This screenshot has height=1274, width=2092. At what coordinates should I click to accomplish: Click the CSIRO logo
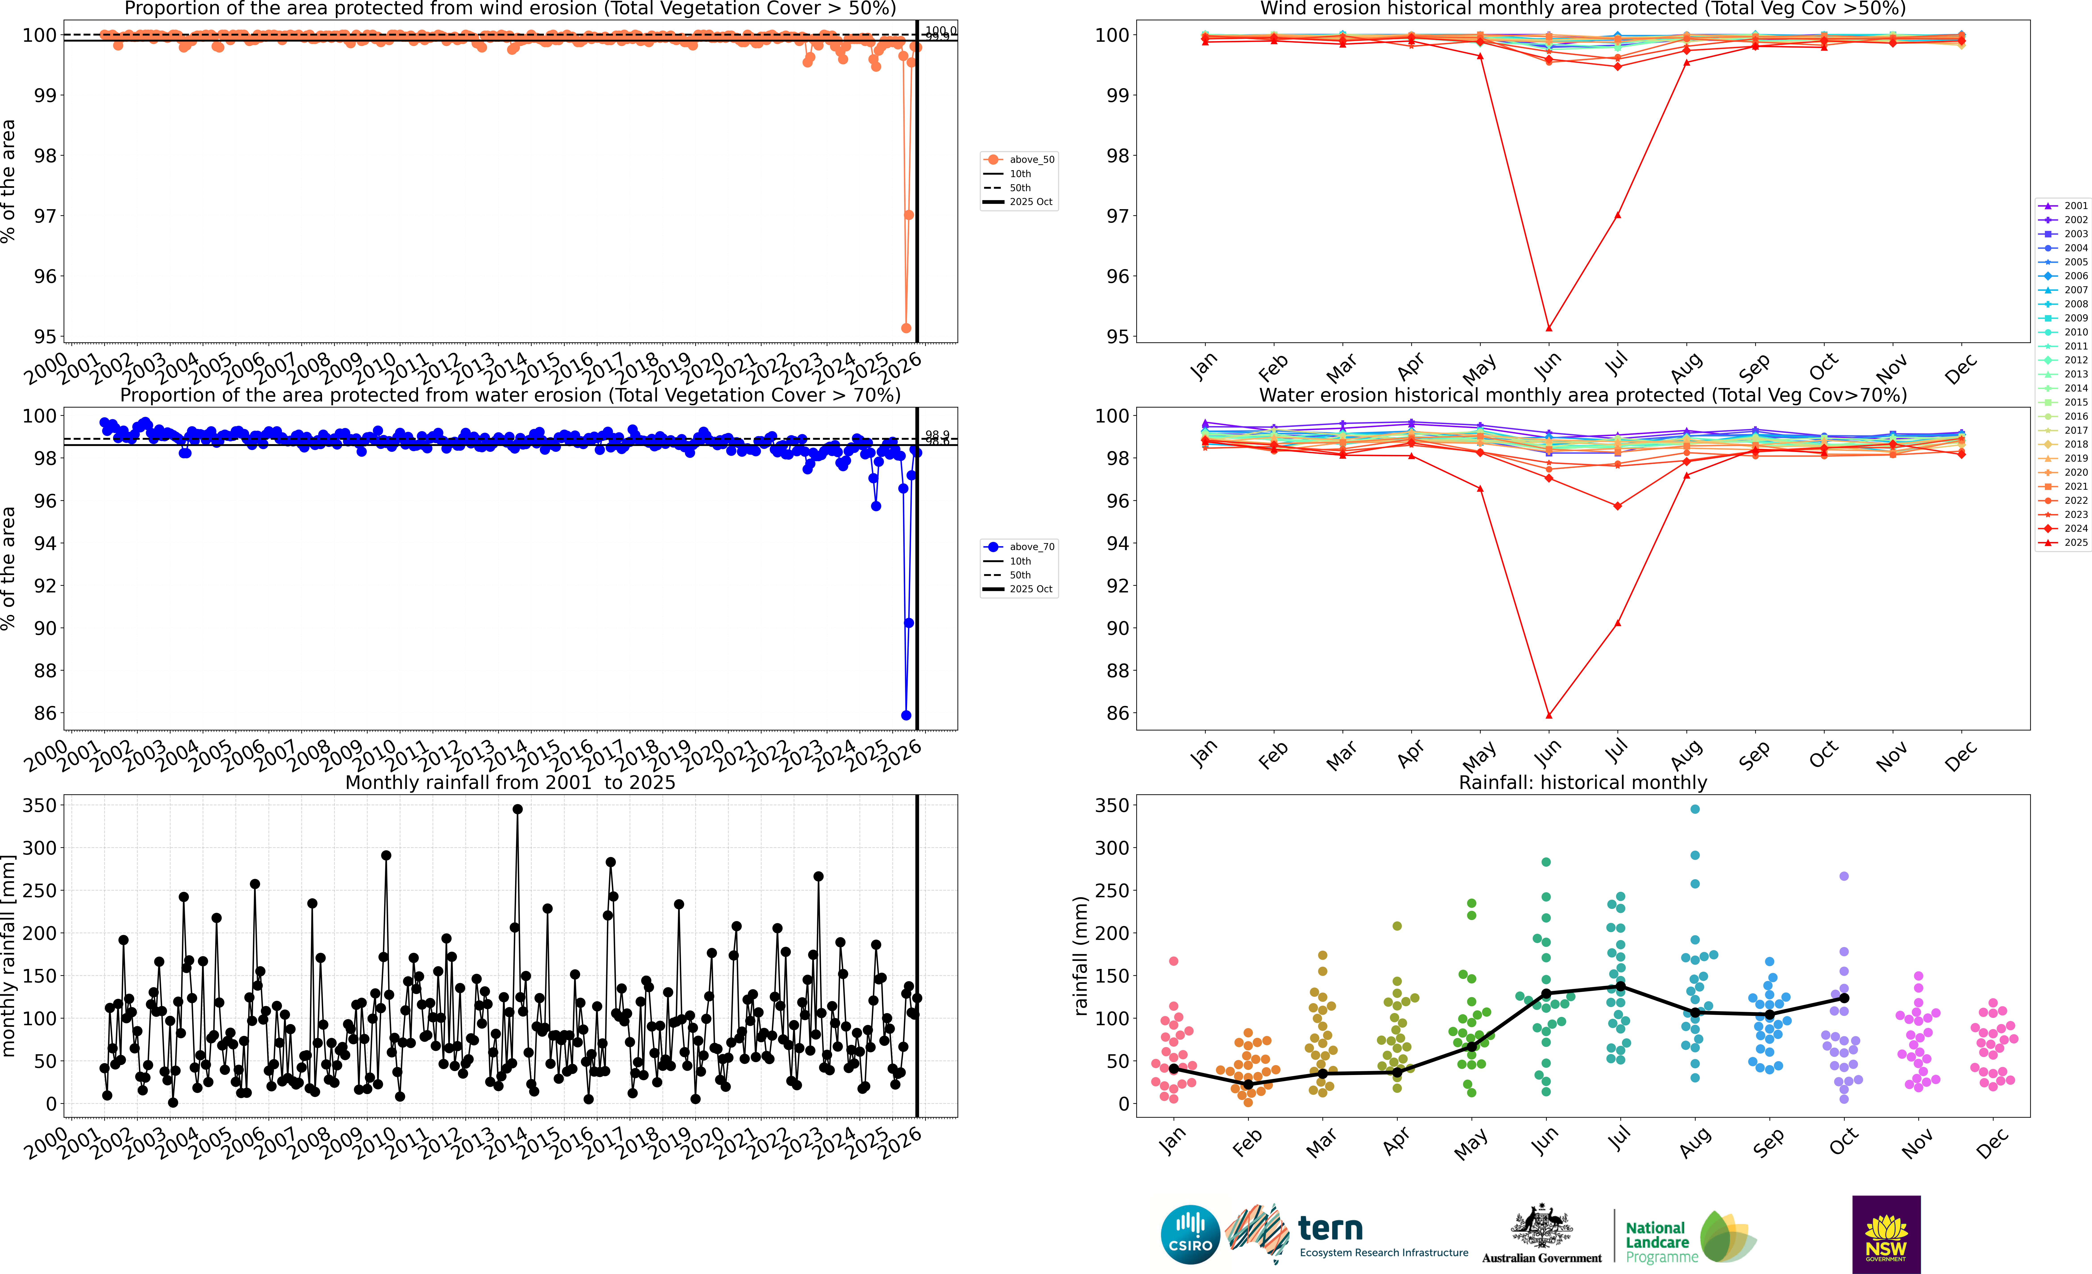click(x=1189, y=1234)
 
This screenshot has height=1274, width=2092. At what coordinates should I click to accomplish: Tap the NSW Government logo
click(x=1886, y=1234)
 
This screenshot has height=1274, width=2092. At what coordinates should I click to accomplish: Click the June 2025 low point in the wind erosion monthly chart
click(x=1549, y=328)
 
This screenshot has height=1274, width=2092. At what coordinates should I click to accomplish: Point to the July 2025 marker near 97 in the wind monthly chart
click(x=1617, y=215)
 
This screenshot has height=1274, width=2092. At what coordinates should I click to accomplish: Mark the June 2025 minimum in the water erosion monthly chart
click(x=1549, y=715)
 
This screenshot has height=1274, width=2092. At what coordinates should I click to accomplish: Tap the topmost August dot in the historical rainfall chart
click(x=1695, y=810)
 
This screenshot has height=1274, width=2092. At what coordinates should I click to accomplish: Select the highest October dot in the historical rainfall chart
click(x=1843, y=876)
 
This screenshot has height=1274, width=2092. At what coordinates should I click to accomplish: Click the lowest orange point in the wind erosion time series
click(x=906, y=328)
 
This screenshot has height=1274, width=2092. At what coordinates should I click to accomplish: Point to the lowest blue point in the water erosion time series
click(x=906, y=715)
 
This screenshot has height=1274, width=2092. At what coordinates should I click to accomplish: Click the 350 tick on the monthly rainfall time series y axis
click(x=40, y=805)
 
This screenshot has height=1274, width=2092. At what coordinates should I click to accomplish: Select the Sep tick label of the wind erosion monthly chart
click(x=1754, y=367)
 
